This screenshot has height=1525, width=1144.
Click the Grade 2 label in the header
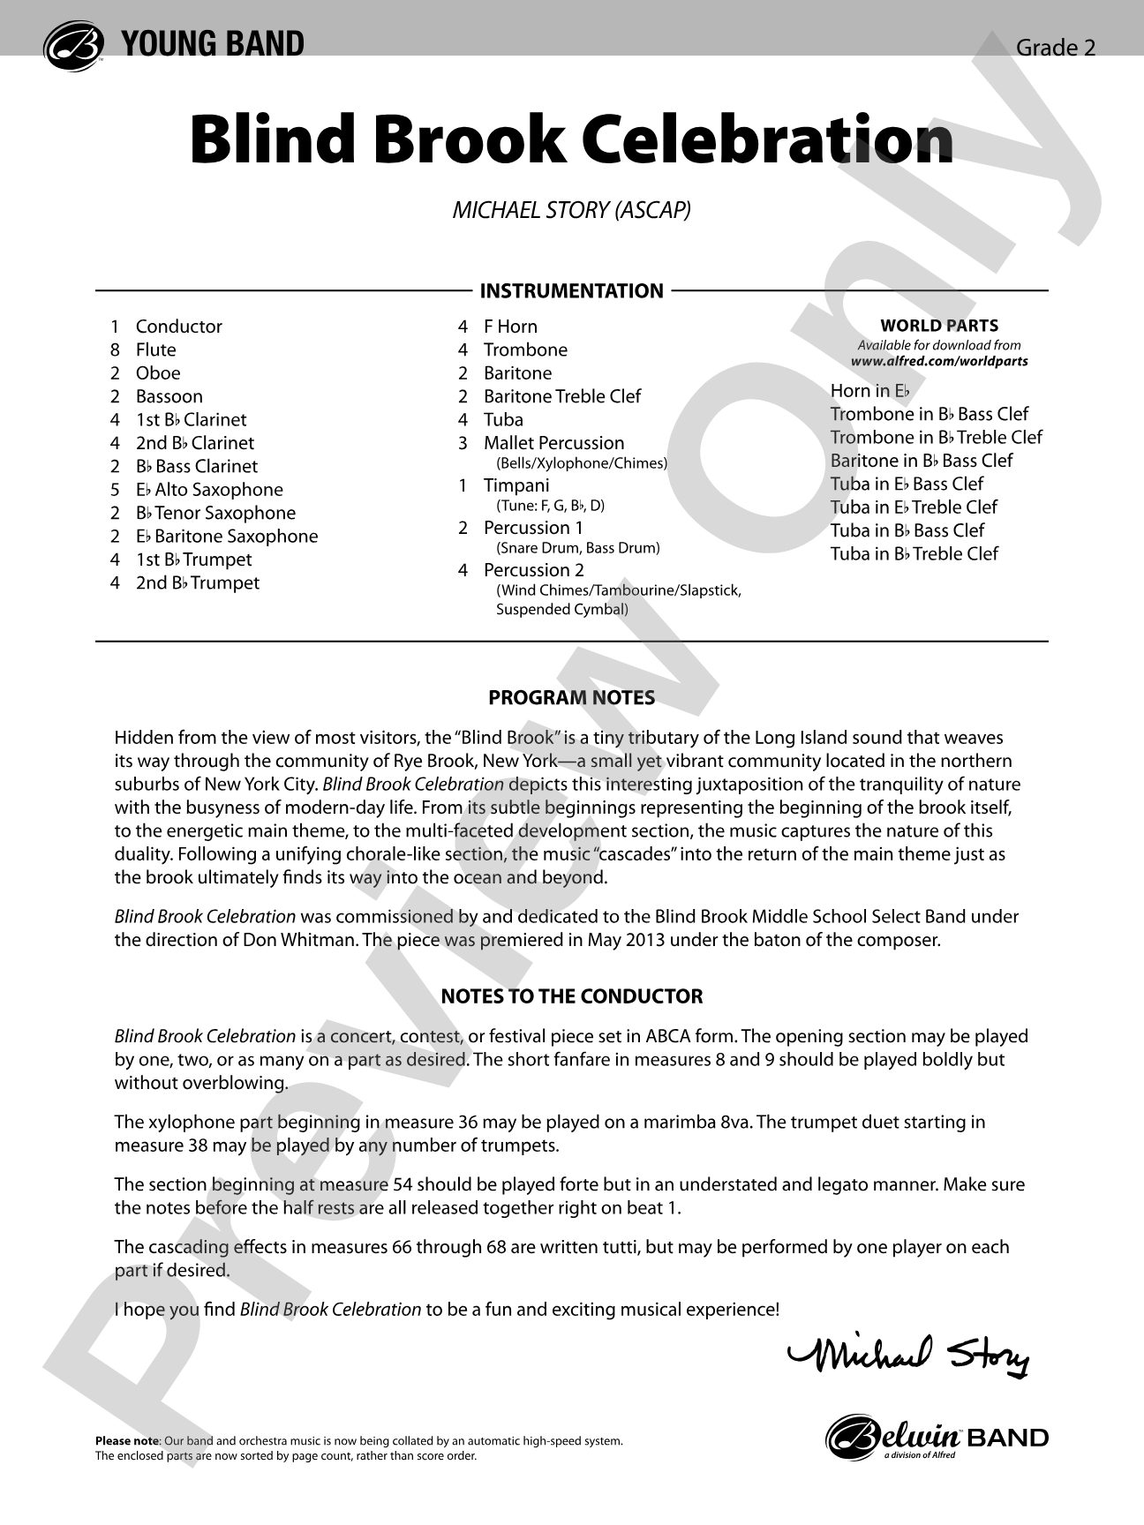point(1055,48)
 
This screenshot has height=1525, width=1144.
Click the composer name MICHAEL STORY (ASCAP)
point(571,210)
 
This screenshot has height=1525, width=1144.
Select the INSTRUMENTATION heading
point(571,291)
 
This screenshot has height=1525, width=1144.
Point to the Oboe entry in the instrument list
point(158,373)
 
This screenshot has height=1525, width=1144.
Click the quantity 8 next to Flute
point(115,350)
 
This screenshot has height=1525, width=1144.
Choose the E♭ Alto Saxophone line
point(209,490)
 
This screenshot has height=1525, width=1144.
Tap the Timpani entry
point(516,485)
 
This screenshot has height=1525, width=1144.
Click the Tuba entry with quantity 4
point(503,420)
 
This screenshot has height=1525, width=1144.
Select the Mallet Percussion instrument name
point(553,443)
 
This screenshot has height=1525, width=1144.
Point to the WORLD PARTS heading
point(939,326)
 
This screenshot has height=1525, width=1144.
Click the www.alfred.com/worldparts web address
point(939,361)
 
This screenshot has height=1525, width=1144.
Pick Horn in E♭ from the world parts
point(869,391)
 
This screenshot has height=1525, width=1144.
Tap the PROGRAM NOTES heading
point(571,698)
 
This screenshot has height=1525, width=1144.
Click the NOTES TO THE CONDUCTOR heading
point(571,996)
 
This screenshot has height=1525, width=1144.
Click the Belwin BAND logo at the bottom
point(937,1439)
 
